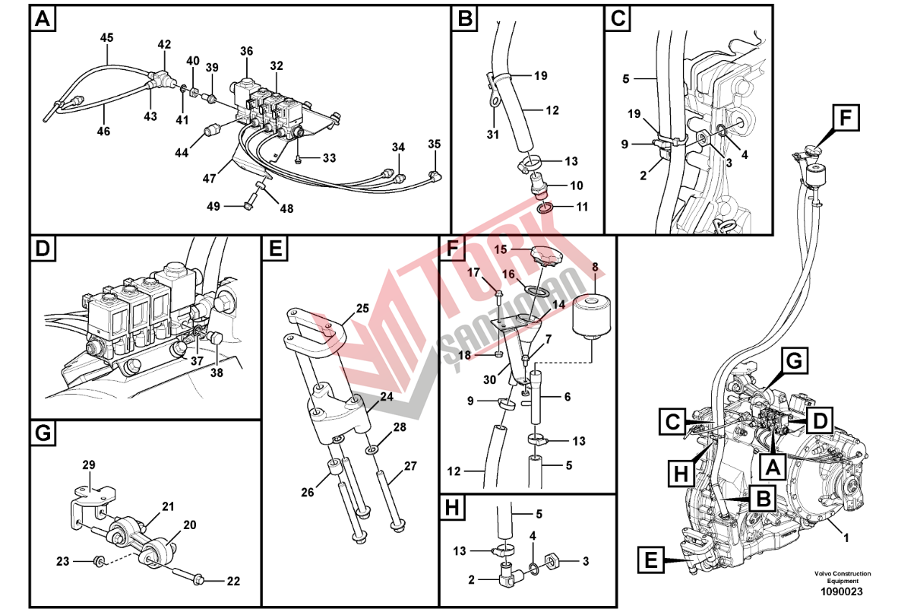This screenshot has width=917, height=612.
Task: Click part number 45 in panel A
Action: tap(106, 37)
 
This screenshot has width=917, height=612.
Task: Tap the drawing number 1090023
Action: tap(843, 591)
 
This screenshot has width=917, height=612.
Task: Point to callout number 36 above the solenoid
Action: tap(246, 52)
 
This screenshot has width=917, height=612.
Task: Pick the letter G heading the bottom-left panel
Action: tap(43, 434)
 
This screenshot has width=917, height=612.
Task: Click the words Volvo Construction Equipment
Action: tap(843, 577)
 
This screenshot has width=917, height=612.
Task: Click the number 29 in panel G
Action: tap(89, 465)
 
